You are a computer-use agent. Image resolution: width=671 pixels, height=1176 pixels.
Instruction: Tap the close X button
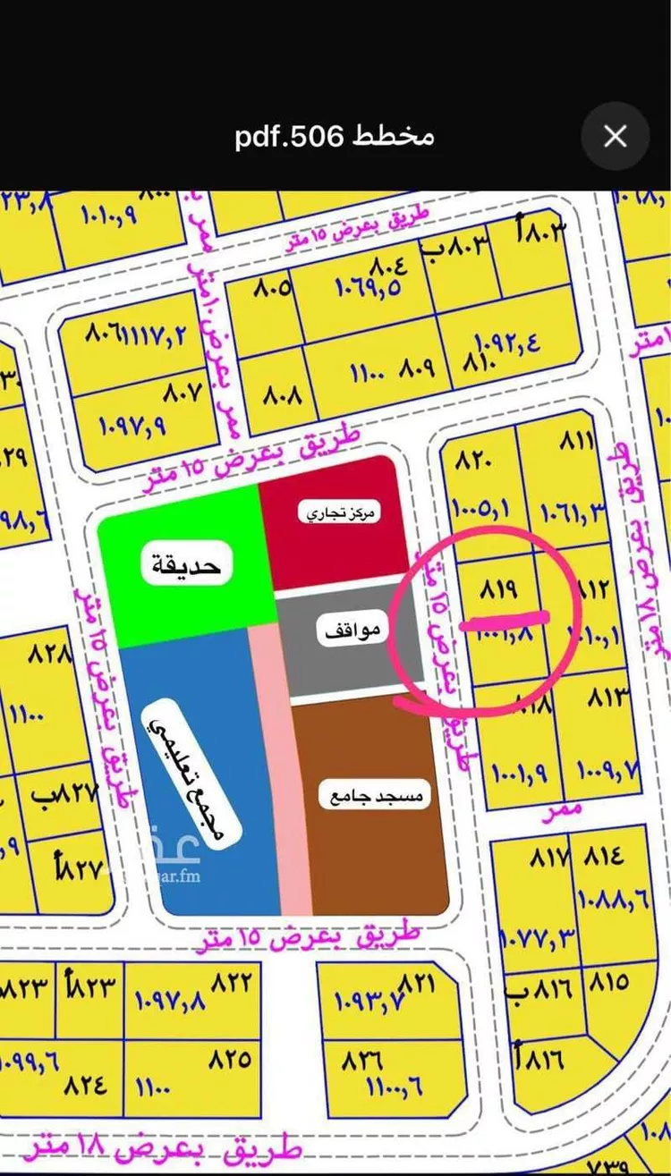tap(615, 136)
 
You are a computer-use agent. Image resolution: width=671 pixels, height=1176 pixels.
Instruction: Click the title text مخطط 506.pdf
tap(335, 136)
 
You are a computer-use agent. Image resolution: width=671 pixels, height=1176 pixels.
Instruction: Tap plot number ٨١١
tap(577, 443)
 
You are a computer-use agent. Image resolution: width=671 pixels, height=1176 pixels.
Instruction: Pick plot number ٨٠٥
tap(275, 289)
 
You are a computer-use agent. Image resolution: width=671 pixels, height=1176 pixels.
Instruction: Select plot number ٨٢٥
tap(230, 1060)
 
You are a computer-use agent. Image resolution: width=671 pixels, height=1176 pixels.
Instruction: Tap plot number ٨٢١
tap(418, 983)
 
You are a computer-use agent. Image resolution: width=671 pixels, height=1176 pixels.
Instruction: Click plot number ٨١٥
tap(608, 982)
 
